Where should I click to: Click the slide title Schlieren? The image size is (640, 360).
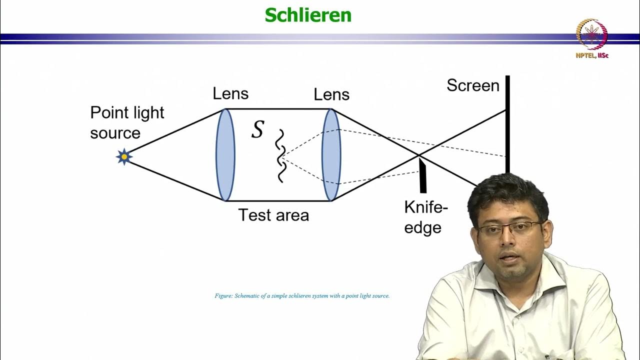(308, 15)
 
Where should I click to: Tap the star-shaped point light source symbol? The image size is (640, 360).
(124, 156)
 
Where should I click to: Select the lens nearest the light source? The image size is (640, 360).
(225, 155)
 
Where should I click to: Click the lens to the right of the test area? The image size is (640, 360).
(330, 155)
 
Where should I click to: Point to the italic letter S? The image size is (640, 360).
(257, 129)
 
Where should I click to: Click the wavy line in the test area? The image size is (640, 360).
(280, 155)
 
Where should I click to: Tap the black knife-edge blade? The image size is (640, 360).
(422, 175)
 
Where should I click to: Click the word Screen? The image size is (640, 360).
(473, 85)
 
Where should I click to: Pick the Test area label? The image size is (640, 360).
(273, 215)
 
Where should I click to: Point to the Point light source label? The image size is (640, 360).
(127, 122)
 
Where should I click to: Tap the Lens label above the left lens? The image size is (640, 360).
(230, 93)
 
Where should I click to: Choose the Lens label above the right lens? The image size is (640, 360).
(331, 94)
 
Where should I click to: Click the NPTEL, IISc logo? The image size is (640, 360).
(592, 37)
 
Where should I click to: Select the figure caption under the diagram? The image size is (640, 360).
(302, 296)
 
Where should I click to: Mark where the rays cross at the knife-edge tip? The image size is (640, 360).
(418, 155)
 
